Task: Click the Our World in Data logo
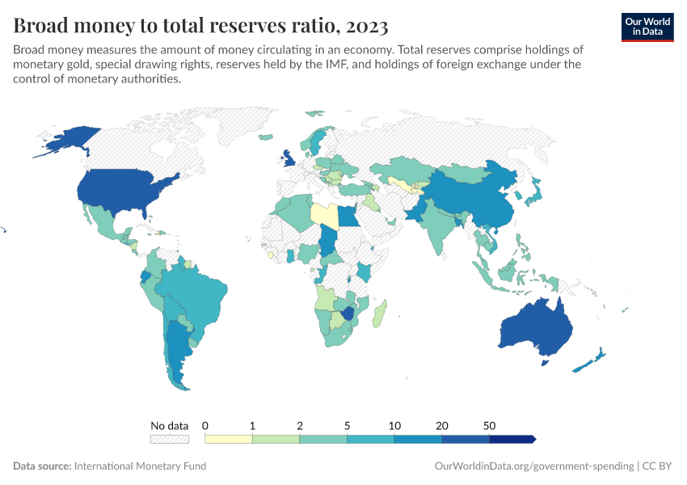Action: coord(647,26)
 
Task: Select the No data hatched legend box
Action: coord(169,439)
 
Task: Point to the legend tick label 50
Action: coord(490,425)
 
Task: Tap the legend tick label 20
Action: coord(442,425)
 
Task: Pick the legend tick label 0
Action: coord(205,425)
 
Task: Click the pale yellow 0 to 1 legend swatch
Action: coord(229,439)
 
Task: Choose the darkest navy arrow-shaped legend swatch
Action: coord(512,439)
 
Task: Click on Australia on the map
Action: coord(535,328)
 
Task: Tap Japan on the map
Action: coord(533,193)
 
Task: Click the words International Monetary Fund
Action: coord(140,466)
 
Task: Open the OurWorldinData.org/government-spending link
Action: coord(533,466)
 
